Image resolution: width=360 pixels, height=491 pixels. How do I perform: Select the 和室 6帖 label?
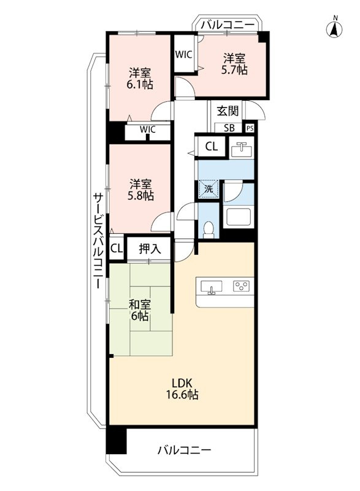click(139, 310)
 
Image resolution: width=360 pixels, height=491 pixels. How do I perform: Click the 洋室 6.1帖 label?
click(140, 77)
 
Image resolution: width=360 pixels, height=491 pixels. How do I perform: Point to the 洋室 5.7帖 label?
click(234, 64)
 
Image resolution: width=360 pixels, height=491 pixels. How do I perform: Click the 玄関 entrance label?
click(228, 111)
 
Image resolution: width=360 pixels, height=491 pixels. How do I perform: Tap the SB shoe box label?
click(229, 128)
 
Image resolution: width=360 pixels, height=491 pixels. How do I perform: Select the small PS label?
click(250, 129)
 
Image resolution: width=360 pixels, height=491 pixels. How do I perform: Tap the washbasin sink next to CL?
click(240, 149)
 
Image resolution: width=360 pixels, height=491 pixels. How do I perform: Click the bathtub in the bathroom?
click(237, 216)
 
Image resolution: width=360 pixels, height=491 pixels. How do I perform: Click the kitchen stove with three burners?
click(240, 286)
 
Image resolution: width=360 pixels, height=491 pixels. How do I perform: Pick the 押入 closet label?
click(150, 249)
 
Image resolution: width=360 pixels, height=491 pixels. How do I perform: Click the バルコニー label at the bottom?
click(184, 450)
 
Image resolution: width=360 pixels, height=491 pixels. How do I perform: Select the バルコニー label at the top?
click(228, 25)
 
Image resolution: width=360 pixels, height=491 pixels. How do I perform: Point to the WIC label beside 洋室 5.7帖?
click(184, 55)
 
